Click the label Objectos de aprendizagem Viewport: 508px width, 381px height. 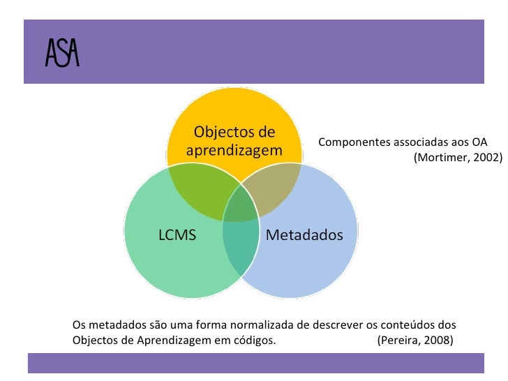coord(234,140)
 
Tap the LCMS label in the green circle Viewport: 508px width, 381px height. coord(177,235)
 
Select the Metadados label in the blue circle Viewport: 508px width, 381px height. coord(304,235)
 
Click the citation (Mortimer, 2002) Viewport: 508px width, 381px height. coord(457,158)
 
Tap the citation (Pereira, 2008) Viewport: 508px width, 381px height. coord(414,341)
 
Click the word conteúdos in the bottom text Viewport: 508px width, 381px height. coord(405,325)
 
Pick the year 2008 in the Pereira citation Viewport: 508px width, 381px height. coord(438,341)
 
